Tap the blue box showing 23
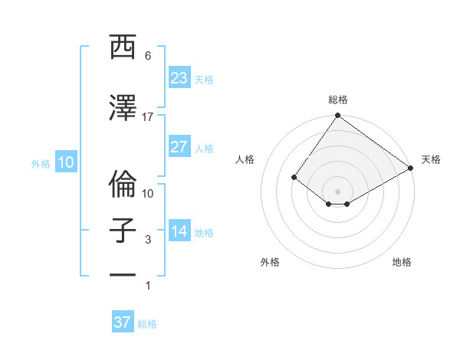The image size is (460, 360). point(179,78)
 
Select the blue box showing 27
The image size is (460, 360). point(179,147)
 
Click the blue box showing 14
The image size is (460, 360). point(179,231)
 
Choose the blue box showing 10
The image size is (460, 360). point(66,162)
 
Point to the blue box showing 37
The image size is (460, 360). point(123,322)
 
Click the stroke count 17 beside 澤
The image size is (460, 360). point(148,116)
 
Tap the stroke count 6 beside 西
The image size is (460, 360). point(148,56)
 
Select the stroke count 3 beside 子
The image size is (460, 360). point(148,240)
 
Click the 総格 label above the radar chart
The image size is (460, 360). point(338,100)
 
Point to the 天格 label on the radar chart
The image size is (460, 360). point(431,159)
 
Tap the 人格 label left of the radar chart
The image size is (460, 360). point(245,159)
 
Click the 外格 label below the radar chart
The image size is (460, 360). point(270,262)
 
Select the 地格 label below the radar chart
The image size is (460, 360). point(402,262)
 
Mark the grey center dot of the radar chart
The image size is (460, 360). point(337,191)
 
